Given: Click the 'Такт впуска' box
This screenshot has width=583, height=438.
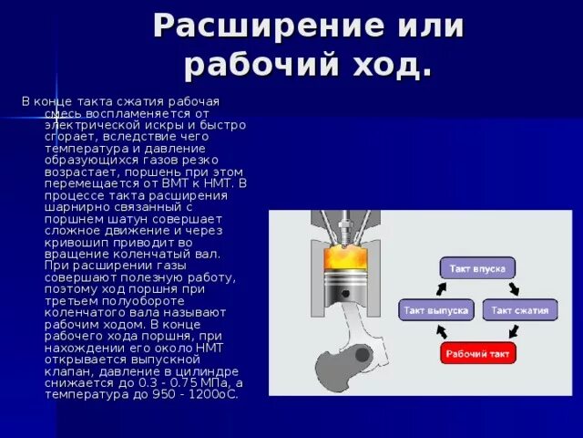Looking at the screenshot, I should [x=478, y=267].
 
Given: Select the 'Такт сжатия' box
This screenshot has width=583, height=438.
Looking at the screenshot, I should [x=519, y=310].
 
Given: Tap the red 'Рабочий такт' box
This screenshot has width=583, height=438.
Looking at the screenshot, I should [x=478, y=353].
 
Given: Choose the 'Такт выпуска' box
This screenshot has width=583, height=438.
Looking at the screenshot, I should [x=436, y=310].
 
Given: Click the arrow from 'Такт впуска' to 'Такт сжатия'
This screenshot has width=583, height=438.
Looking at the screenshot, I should [x=514, y=288].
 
